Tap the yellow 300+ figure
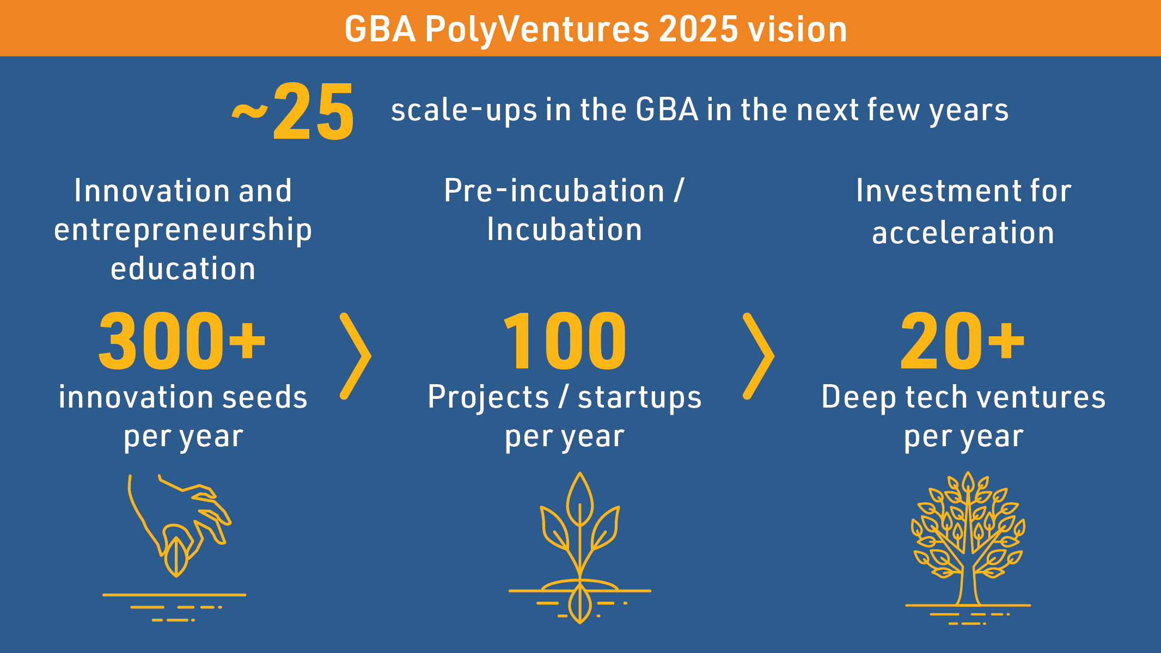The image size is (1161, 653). tap(182, 341)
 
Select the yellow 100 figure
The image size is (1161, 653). tap(565, 341)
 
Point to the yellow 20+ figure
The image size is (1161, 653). tap(963, 341)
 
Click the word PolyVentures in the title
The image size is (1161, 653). tap(537, 29)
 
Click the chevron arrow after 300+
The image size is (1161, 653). tap(355, 356)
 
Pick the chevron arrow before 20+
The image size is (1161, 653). tap(758, 356)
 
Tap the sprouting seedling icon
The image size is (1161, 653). tap(580, 547)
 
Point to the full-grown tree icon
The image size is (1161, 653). tap(968, 547)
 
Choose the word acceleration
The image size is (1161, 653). tap(963, 233)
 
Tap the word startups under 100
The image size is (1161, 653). tap(640, 398)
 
